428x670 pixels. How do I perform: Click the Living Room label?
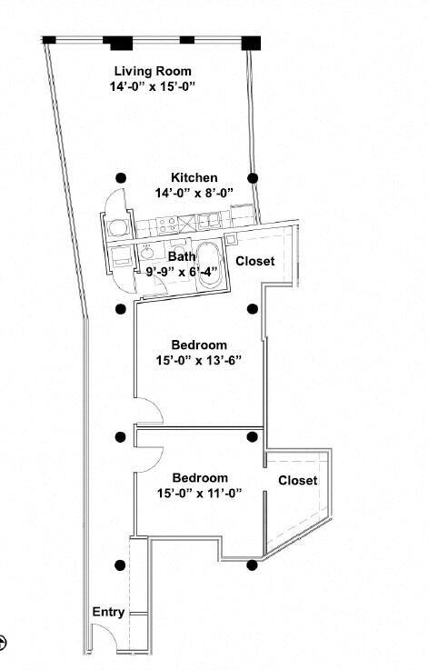pyautogui.click(x=153, y=71)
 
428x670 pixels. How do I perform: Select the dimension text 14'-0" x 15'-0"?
pyautogui.click(x=153, y=86)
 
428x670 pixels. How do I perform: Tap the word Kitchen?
pyautogui.click(x=194, y=177)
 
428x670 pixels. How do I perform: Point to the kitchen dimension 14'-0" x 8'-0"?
pyautogui.click(x=194, y=193)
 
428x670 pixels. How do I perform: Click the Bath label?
pyautogui.click(x=182, y=257)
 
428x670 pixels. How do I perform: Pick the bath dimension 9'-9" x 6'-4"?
pyautogui.click(x=182, y=271)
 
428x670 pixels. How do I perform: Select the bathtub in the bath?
pyautogui.click(x=208, y=266)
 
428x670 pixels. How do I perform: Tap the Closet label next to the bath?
pyautogui.click(x=255, y=261)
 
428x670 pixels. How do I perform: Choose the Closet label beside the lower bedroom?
pyautogui.click(x=297, y=480)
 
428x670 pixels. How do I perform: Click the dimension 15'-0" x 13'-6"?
pyautogui.click(x=198, y=360)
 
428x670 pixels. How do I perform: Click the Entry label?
pyautogui.click(x=108, y=612)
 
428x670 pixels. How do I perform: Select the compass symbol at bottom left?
pyautogui.click(x=4, y=642)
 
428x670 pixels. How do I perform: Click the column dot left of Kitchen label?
pyautogui.click(x=120, y=178)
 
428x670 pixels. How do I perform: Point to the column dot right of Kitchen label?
pyautogui.click(x=254, y=178)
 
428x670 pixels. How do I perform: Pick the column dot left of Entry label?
pyautogui.click(x=120, y=565)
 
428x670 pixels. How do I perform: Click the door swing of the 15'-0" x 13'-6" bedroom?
pyautogui.click(x=151, y=411)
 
